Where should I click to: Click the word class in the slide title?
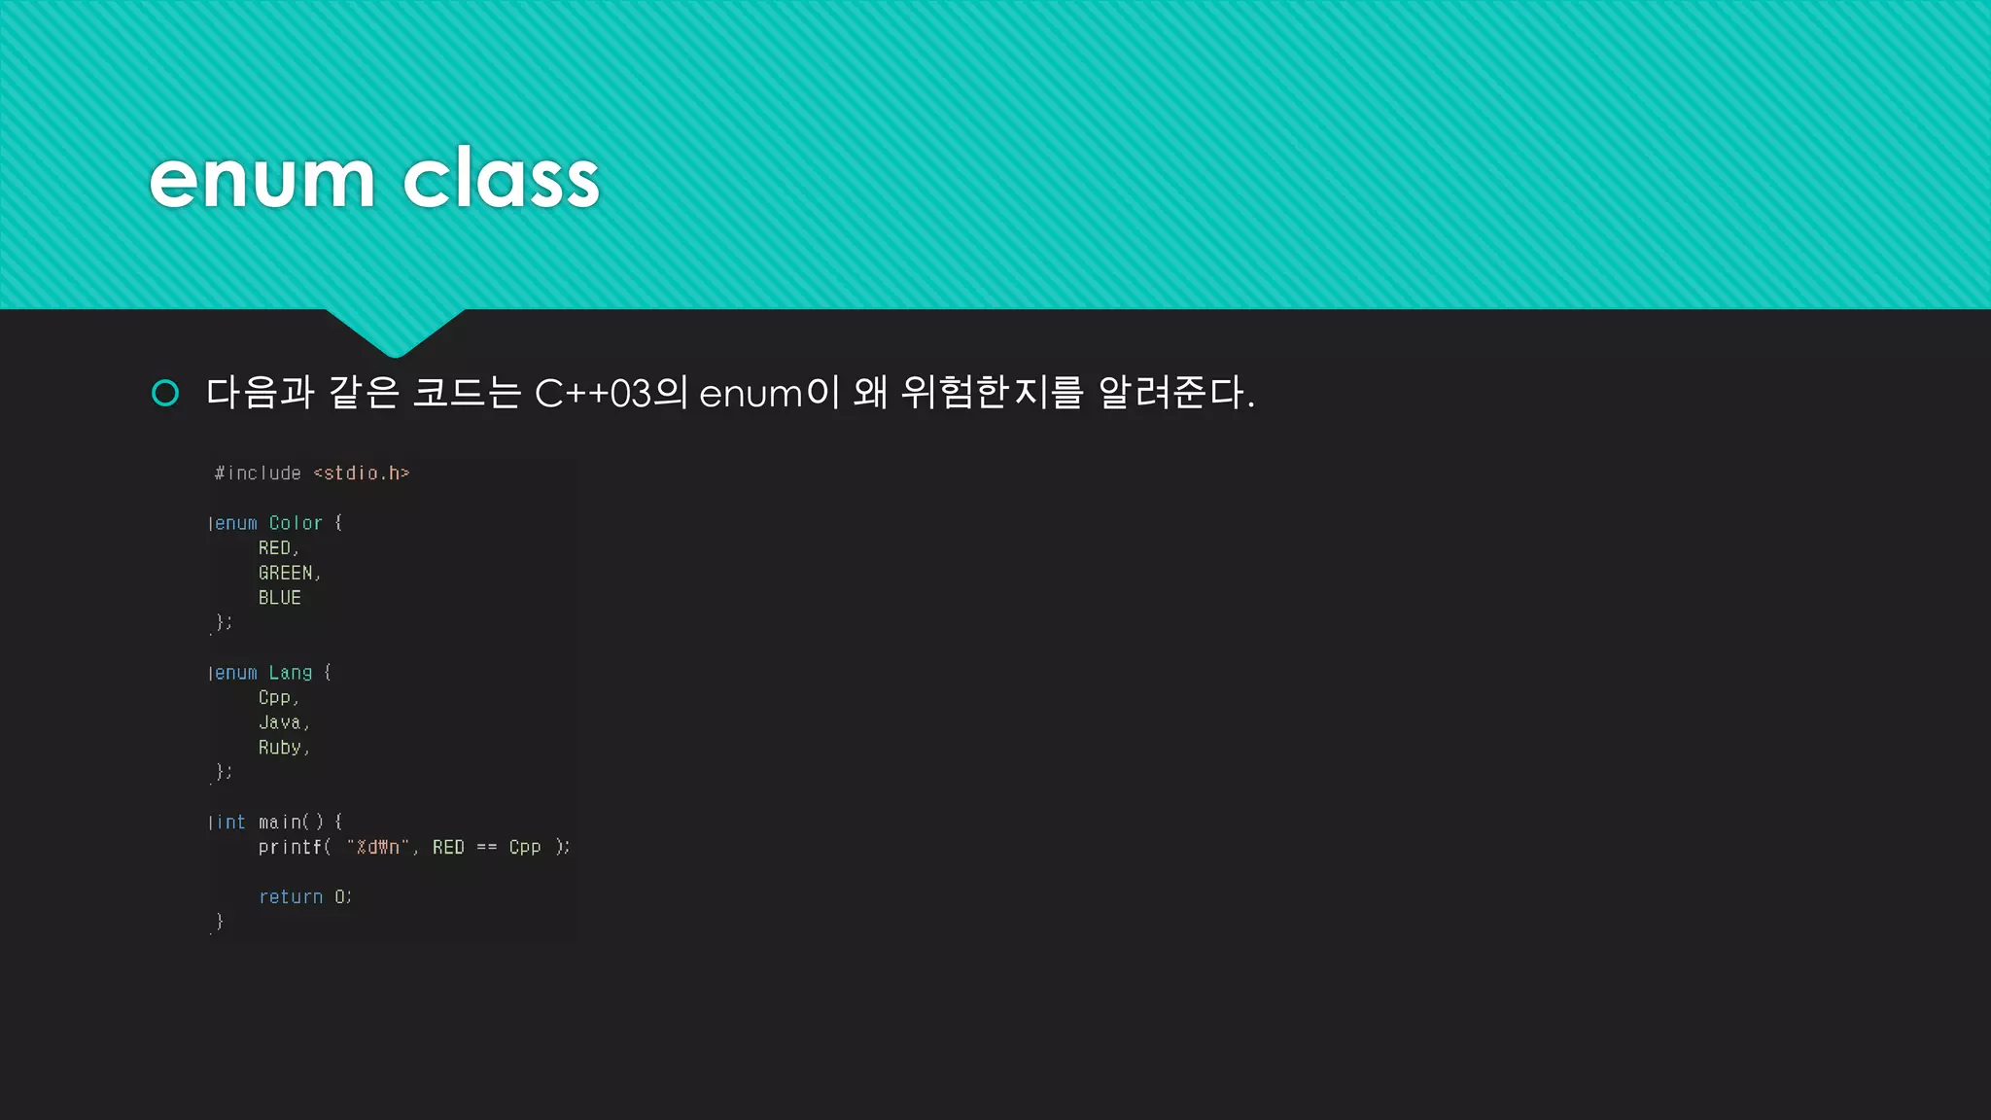[501, 180]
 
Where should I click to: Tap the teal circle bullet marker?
[165, 393]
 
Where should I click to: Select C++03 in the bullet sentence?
[592, 393]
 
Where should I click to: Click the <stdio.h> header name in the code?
[362, 473]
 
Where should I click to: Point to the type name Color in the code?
[296, 523]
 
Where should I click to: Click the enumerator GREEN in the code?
[286, 574]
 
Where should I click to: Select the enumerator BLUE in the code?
[280, 598]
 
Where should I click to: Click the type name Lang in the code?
[291, 673]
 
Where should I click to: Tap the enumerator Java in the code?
[280, 722]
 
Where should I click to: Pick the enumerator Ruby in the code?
[280, 748]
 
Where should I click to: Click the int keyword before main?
[230, 822]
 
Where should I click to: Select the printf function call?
[291, 848]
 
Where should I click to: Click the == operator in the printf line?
[487, 848]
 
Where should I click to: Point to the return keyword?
[291, 897]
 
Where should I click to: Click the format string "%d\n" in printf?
[378, 848]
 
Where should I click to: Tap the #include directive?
[259, 473]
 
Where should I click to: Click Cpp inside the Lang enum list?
[274, 698]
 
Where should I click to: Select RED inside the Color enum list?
[274, 548]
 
